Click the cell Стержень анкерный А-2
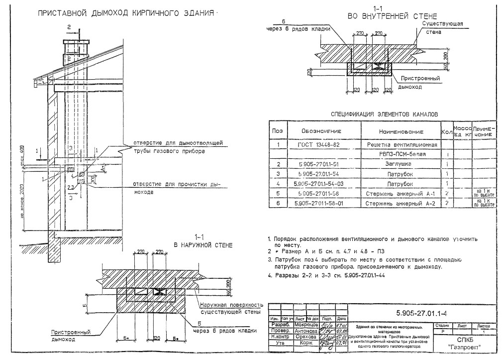401,203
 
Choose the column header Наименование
401,131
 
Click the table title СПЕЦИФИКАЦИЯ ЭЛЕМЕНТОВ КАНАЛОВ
385,114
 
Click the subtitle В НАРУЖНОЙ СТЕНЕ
203,245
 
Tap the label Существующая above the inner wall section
443,23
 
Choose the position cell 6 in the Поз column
279,203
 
